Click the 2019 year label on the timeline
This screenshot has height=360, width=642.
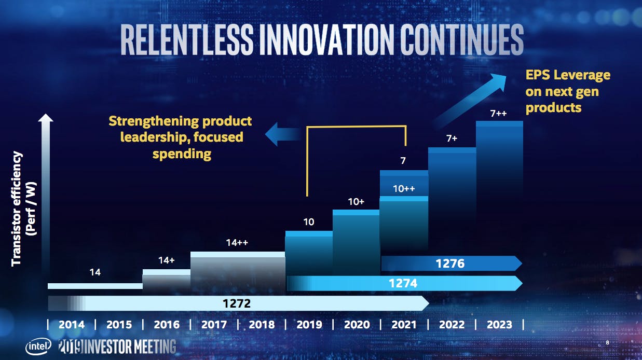[x=309, y=325]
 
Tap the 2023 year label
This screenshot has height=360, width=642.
[x=499, y=325]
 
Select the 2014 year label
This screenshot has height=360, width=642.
[x=71, y=325]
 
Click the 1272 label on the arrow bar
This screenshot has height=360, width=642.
[x=237, y=303]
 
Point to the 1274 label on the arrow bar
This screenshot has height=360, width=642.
[x=403, y=283]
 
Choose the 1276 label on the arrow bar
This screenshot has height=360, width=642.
[x=450, y=264]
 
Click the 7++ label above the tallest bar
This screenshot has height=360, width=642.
[x=498, y=114]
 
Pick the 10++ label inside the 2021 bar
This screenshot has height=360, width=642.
[x=403, y=189]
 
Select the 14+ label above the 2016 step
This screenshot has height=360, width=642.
[x=166, y=260]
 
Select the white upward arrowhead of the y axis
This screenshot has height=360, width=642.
[x=46, y=119]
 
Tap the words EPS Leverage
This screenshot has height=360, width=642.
[x=568, y=75]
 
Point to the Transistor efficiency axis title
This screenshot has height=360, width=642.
[x=17, y=208]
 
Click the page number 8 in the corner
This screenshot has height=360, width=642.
[x=608, y=343]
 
